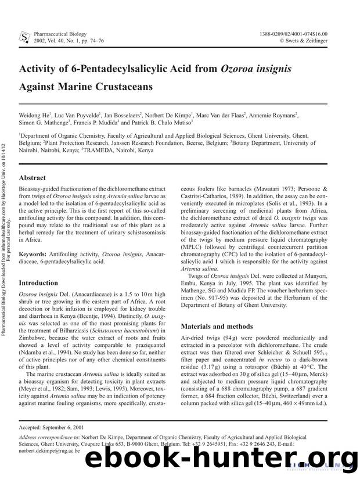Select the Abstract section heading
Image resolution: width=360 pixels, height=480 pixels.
coord(35,179)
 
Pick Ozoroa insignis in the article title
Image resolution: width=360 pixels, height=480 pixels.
coord(256,69)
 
